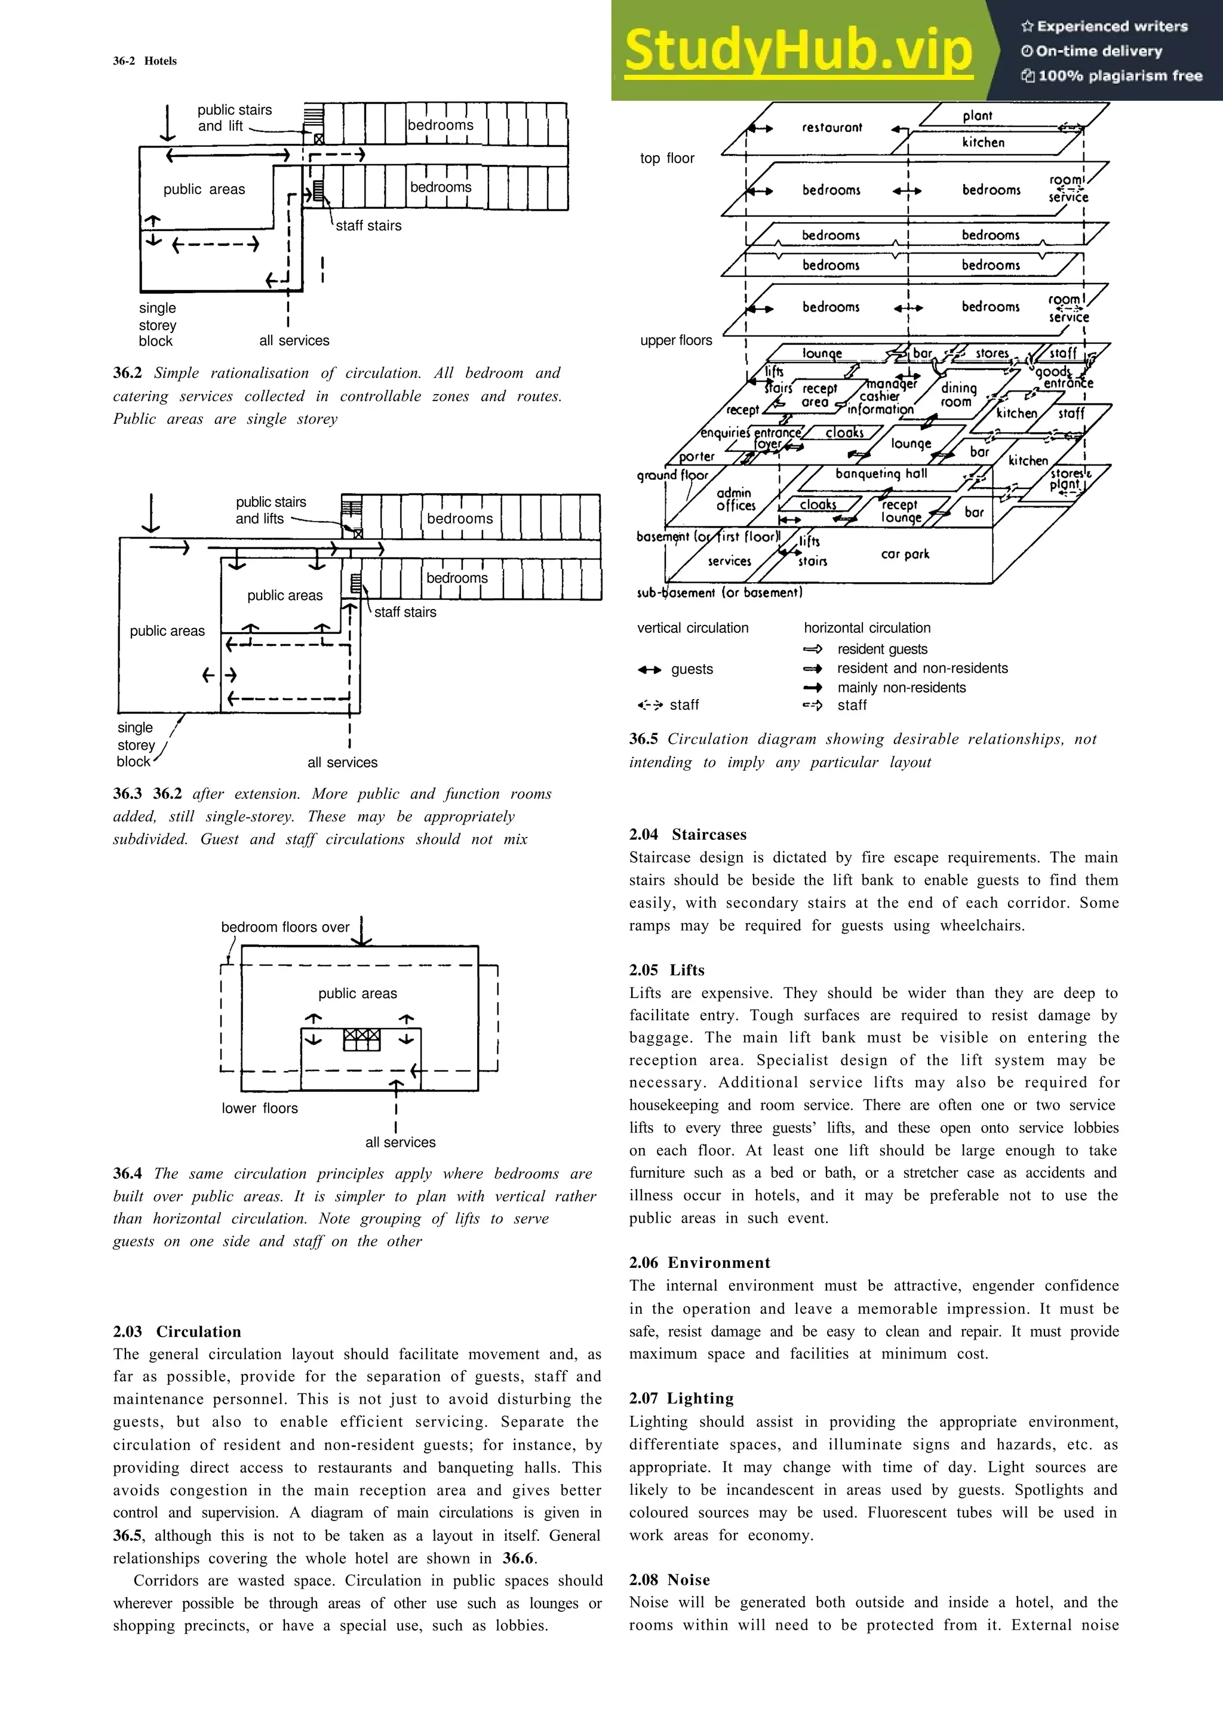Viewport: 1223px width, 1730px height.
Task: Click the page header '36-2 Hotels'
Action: point(145,61)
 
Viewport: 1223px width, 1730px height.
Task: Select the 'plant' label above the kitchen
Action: point(978,115)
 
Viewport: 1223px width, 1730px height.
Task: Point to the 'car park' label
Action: point(905,554)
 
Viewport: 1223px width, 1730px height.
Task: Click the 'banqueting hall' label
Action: point(881,473)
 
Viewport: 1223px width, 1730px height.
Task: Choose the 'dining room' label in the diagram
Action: point(958,394)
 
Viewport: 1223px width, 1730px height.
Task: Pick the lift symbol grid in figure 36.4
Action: point(362,1040)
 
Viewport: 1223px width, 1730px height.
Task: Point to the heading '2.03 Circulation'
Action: point(177,1331)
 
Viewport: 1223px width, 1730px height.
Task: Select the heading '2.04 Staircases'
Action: point(688,834)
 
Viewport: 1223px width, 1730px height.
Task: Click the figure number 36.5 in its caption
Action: point(644,739)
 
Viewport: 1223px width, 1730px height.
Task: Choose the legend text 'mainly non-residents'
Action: point(901,687)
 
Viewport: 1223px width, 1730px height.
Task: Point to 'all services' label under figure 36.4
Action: point(400,1142)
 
